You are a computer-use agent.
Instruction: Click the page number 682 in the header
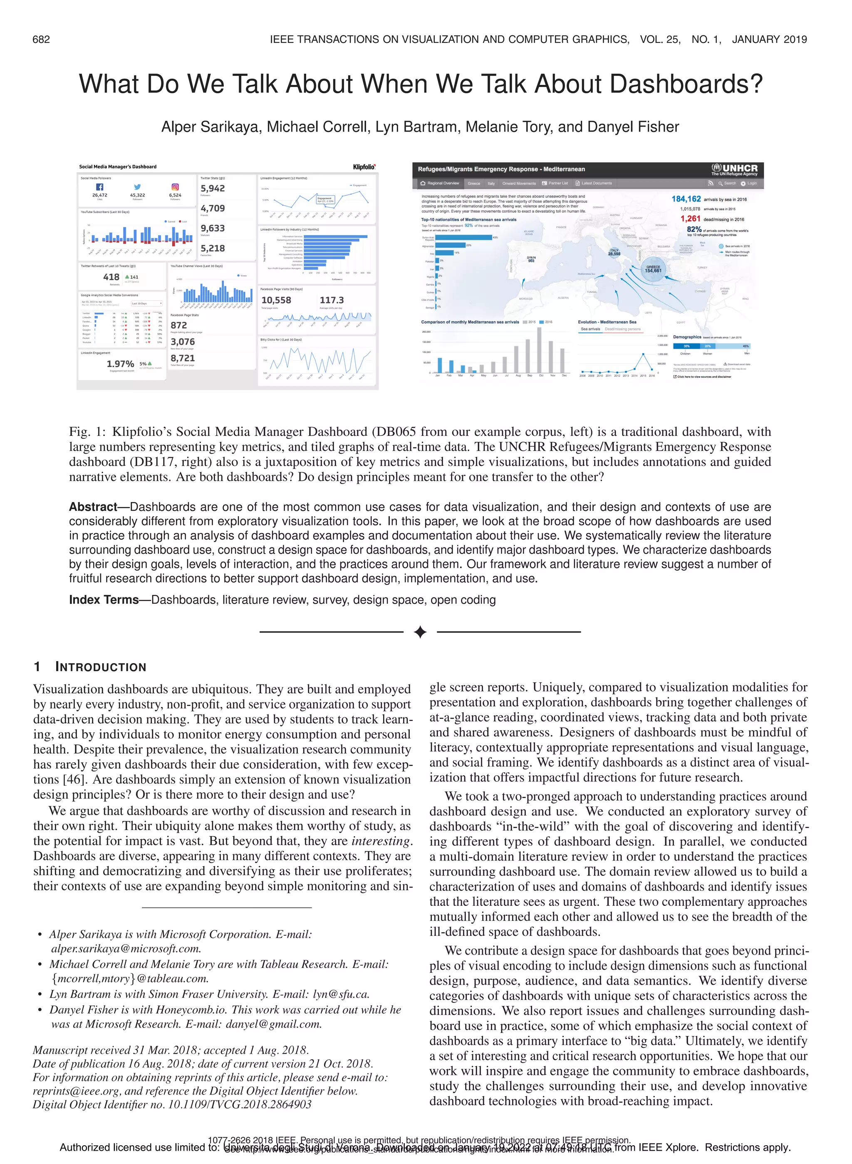tap(41, 40)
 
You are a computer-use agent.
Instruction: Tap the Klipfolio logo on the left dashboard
tap(364, 167)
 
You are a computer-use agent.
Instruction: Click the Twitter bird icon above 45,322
tap(137, 187)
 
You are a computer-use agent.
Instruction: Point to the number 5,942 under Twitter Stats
tap(213, 188)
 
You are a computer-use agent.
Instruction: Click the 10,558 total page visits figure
tap(276, 300)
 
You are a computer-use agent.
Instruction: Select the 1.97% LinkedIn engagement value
tap(120, 364)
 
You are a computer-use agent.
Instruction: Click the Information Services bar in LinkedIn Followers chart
tap(335, 236)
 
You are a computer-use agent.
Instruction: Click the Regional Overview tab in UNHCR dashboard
tap(440, 183)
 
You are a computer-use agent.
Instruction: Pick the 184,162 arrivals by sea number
tap(686, 199)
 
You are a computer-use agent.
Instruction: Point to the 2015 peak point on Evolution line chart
tap(643, 354)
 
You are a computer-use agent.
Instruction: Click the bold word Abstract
tap(93, 507)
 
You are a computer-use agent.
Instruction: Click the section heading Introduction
tap(101, 667)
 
